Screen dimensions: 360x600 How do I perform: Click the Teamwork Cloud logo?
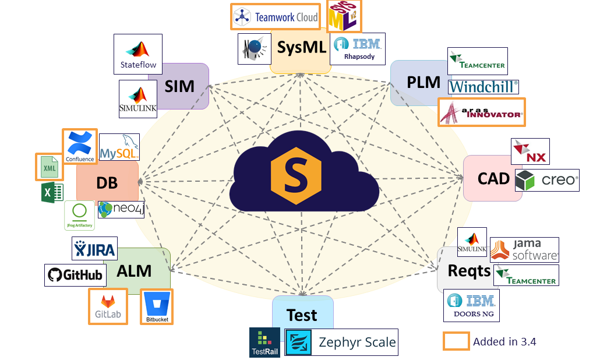pyautogui.click(x=275, y=17)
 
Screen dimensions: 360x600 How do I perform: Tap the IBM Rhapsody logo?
pyautogui.click(x=357, y=48)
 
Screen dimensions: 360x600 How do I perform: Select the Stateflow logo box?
pyautogui.click(x=138, y=54)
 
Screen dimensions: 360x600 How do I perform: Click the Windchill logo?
pyautogui.click(x=483, y=87)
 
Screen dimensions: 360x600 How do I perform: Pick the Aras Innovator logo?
pyautogui.click(x=481, y=112)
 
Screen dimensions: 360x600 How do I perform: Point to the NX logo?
pyautogui.click(x=530, y=151)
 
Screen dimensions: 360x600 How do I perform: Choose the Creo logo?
pyautogui.click(x=547, y=180)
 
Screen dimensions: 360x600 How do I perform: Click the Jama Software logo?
pyautogui.click(x=524, y=249)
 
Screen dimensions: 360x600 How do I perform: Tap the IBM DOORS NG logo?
pyautogui.click(x=471, y=305)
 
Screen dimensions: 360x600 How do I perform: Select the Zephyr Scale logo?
pyautogui.click(x=341, y=342)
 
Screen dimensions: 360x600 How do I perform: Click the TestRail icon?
pyautogui.click(x=265, y=342)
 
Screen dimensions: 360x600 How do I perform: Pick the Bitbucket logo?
pyautogui.click(x=157, y=307)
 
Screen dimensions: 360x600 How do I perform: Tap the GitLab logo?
pyautogui.click(x=108, y=306)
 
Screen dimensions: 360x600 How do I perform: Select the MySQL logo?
pyautogui.click(x=119, y=147)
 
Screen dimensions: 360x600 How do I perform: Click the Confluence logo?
pyautogui.click(x=80, y=147)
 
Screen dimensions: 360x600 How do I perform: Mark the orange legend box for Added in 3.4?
pyautogui.click(x=456, y=341)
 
